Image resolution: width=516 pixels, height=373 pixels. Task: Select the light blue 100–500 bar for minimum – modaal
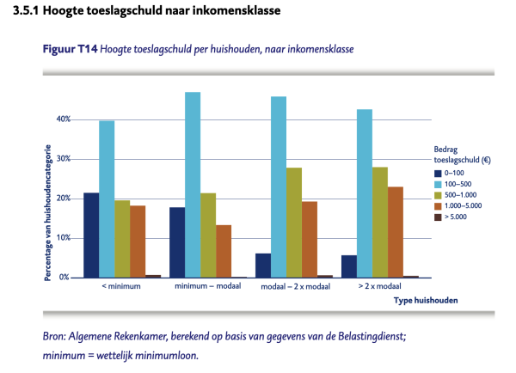click(193, 185)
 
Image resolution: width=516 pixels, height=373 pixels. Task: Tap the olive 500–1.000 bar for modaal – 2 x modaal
click(294, 223)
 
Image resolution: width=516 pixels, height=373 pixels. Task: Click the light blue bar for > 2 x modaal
click(365, 193)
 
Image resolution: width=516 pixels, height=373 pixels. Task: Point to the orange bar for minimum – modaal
click(224, 251)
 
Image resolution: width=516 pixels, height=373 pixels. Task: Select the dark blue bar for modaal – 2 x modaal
click(263, 266)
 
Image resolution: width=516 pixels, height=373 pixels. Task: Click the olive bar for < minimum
click(122, 239)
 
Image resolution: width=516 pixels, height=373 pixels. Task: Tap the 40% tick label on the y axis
click(63, 119)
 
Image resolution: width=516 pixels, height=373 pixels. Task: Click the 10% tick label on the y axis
click(63, 238)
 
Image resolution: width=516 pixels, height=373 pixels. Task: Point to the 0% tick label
click(64, 278)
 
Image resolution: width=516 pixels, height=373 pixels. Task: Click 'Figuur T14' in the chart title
click(69, 48)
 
